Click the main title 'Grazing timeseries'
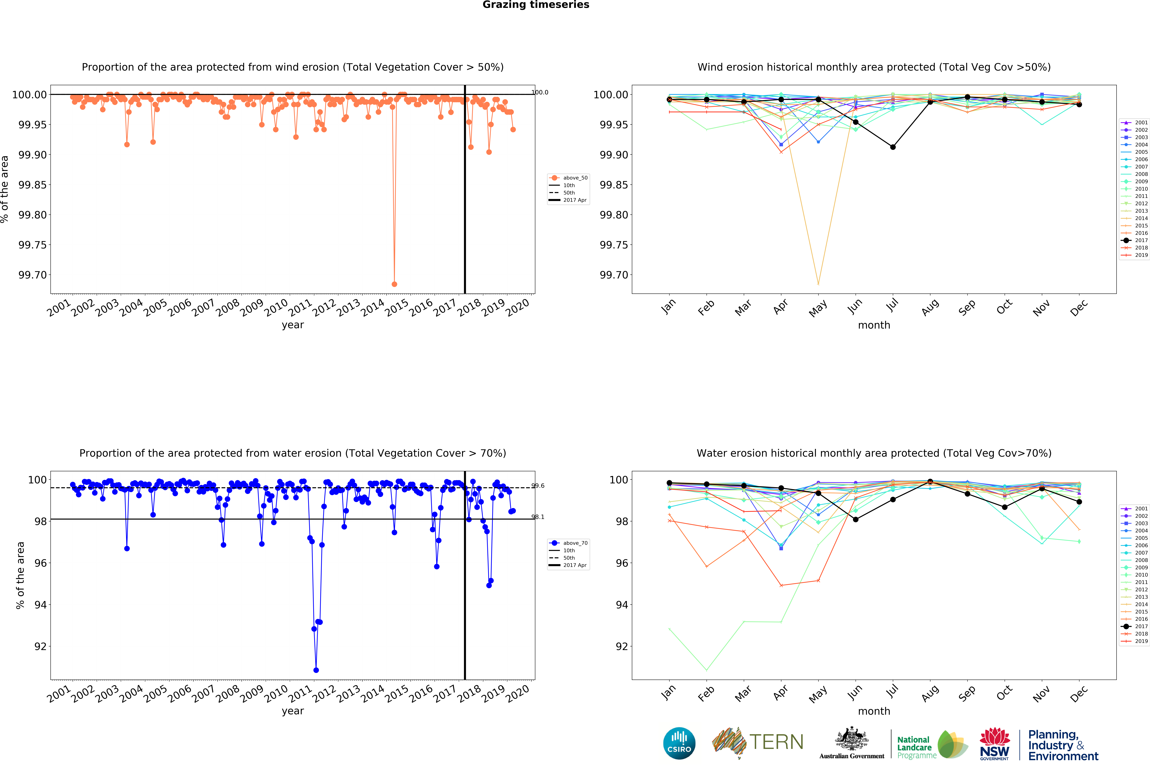(x=536, y=5)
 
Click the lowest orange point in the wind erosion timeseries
(x=394, y=284)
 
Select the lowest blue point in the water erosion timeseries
(x=316, y=670)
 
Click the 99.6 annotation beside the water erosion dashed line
(x=538, y=486)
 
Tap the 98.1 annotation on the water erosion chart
(x=538, y=517)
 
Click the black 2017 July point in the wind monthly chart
(x=893, y=147)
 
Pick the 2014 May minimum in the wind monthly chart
(x=818, y=284)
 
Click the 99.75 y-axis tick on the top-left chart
(x=33, y=245)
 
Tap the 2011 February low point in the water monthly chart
(x=707, y=670)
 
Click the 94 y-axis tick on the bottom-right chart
(x=622, y=605)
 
